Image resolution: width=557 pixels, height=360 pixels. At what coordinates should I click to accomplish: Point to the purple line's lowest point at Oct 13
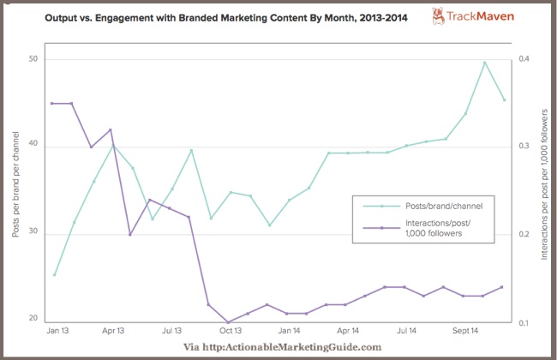tap(228, 322)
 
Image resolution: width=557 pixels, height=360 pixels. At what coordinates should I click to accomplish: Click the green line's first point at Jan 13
tap(54, 275)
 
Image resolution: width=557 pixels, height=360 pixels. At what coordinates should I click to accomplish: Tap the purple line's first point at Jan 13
tap(54, 103)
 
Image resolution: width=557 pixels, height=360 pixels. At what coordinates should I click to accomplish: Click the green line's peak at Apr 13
tap(113, 146)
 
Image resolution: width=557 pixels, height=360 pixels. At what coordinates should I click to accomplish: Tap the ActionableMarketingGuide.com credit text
tap(283, 346)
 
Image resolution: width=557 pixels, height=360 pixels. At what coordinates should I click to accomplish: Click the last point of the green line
tap(505, 99)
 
